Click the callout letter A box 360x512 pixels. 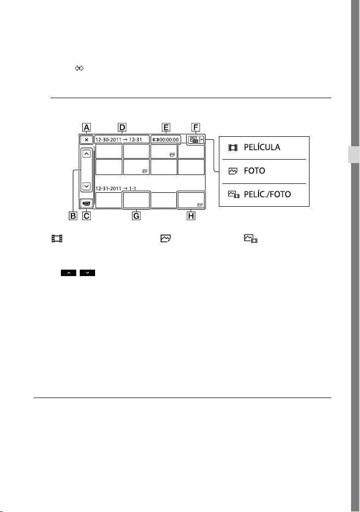(x=87, y=127)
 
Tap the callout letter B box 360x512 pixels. (x=73, y=216)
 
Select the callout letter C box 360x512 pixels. (x=87, y=216)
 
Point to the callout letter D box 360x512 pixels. (x=122, y=127)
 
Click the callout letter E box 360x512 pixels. (x=166, y=127)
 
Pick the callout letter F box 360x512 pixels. (x=196, y=127)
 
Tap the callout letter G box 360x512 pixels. (x=136, y=216)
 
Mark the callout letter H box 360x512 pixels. (x=191, y=216)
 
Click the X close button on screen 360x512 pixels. (x=87, y=140)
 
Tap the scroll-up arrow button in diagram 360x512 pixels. (x=87, y=154)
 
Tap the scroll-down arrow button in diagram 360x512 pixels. (x=87, y=186)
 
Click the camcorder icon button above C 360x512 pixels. (x=87, y=203)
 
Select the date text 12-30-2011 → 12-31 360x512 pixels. (x=119, y=140)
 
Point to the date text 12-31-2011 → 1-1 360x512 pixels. (x=116, y=188)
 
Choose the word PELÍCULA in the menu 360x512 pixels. (x=262, y=147)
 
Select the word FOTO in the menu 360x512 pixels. (x=255, y=171)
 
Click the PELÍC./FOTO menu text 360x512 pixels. (x=267, y=194)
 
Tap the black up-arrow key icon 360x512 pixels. (x=68, y=273)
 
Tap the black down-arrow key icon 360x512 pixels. (x=87, y=273)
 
